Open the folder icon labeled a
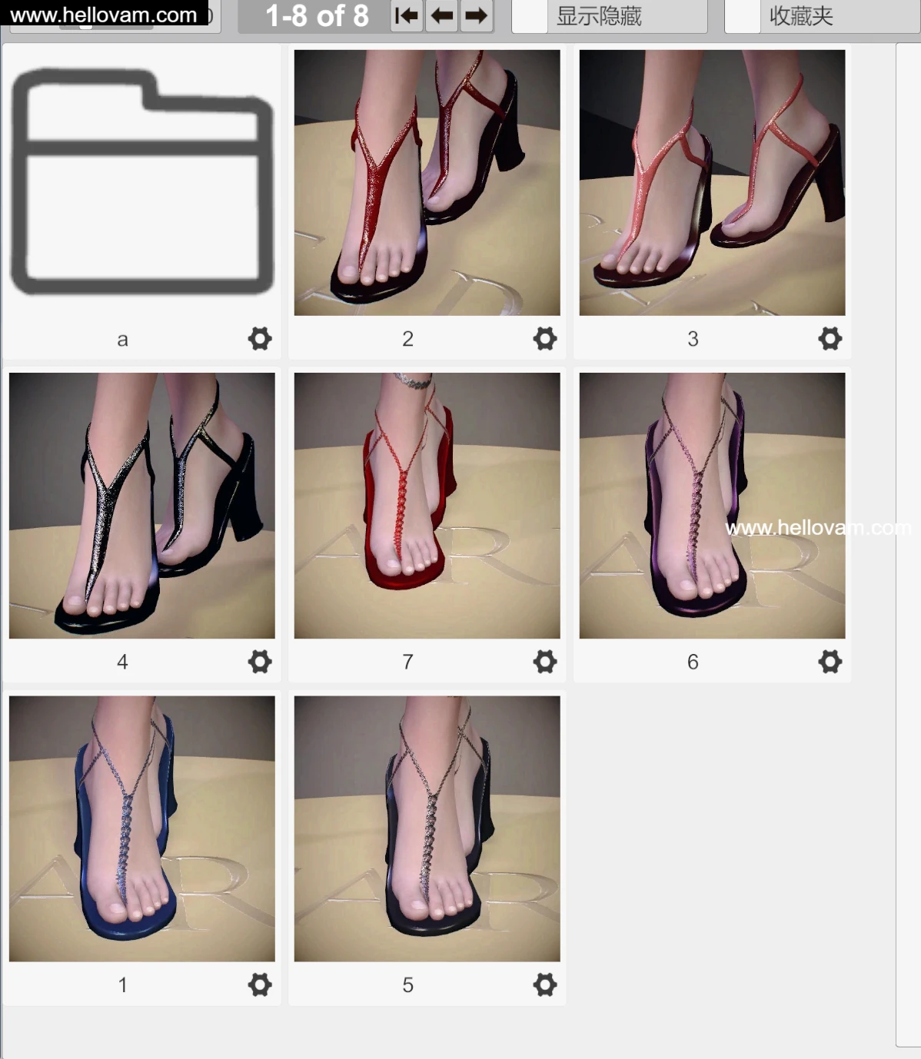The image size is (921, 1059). coord(142,181)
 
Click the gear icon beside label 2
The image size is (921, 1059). coord(544,339)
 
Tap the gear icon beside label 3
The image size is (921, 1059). coord(830,339)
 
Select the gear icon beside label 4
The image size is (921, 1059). coord(260,662)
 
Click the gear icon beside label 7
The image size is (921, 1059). coord(544,662)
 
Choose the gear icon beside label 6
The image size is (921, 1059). coord(830,662)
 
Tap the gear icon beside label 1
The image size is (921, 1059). coord(260,984)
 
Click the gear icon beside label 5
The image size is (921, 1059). coord(544,984)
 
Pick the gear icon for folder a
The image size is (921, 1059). coord(260,339)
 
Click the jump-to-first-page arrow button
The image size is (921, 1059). coord(407,16)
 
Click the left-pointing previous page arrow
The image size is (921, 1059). coord(441,16)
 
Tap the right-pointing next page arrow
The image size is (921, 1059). coord(477,16)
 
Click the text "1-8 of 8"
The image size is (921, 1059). coord(317,16)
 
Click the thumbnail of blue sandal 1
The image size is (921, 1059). coord(142,828)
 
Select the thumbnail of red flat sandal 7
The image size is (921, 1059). coord(427,506)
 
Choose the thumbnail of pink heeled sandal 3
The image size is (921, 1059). coord(713,183)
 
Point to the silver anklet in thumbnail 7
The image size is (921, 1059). coord(413,380)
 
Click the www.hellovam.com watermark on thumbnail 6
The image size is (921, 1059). coord(818,528)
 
